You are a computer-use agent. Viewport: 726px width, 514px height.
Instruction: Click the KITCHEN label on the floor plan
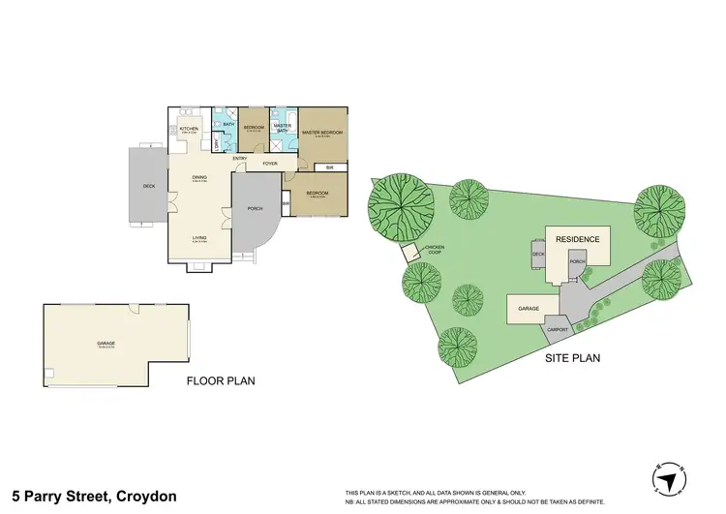pos(189,129)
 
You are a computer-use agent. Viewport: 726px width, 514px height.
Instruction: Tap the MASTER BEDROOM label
pos(322,133)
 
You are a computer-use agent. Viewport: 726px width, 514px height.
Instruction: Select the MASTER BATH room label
pos(283,127)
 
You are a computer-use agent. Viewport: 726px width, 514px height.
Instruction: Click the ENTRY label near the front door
pos(240,158)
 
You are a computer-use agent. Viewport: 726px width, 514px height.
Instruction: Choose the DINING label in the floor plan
pos(198,177)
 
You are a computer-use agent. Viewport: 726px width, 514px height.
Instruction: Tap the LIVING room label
pos(198,238)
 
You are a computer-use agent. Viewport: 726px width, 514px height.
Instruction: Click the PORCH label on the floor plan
pos(256,208)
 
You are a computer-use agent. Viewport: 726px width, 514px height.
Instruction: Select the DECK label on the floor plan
pos(148,186)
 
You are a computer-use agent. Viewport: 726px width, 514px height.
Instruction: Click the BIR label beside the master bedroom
pos(330,167)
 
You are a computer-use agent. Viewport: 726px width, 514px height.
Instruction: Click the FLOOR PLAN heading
pos(221,381)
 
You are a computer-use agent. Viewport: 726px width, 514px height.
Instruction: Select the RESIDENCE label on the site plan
pos(577,239)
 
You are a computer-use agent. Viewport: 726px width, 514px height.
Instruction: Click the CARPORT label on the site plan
pos(559,329)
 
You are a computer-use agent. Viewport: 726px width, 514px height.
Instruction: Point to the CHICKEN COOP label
pos(434,250)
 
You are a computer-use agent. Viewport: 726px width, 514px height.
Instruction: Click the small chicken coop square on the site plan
pos(411,253)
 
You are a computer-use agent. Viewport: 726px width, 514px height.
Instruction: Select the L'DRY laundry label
pos(216,144)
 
